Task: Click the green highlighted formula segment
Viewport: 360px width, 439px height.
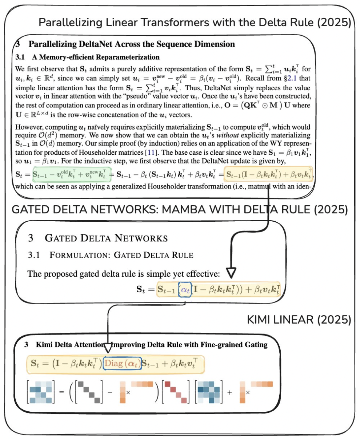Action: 72,174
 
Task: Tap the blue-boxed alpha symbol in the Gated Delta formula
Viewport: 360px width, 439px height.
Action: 185,289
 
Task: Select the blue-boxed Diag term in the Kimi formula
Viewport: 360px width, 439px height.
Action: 122,363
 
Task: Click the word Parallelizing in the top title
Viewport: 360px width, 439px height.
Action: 71,23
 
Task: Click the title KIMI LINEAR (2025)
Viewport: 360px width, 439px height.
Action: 299,320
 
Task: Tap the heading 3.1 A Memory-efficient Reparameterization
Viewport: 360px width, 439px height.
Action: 87,57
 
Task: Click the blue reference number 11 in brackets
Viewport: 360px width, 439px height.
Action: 151,153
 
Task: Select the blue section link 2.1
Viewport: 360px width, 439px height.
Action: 292,78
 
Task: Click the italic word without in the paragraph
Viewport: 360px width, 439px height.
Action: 228,135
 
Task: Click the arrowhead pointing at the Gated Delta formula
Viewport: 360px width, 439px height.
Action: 231,273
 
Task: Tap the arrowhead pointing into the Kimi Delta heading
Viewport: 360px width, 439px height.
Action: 108,348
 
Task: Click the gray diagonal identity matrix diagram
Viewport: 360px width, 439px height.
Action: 89,392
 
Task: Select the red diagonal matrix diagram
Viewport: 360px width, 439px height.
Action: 176,392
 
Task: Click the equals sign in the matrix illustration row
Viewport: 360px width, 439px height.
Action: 61,392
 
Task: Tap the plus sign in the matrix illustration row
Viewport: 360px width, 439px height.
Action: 229,392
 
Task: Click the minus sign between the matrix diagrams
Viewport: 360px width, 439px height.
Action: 110,392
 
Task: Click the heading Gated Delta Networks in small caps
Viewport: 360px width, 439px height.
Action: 106,238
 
